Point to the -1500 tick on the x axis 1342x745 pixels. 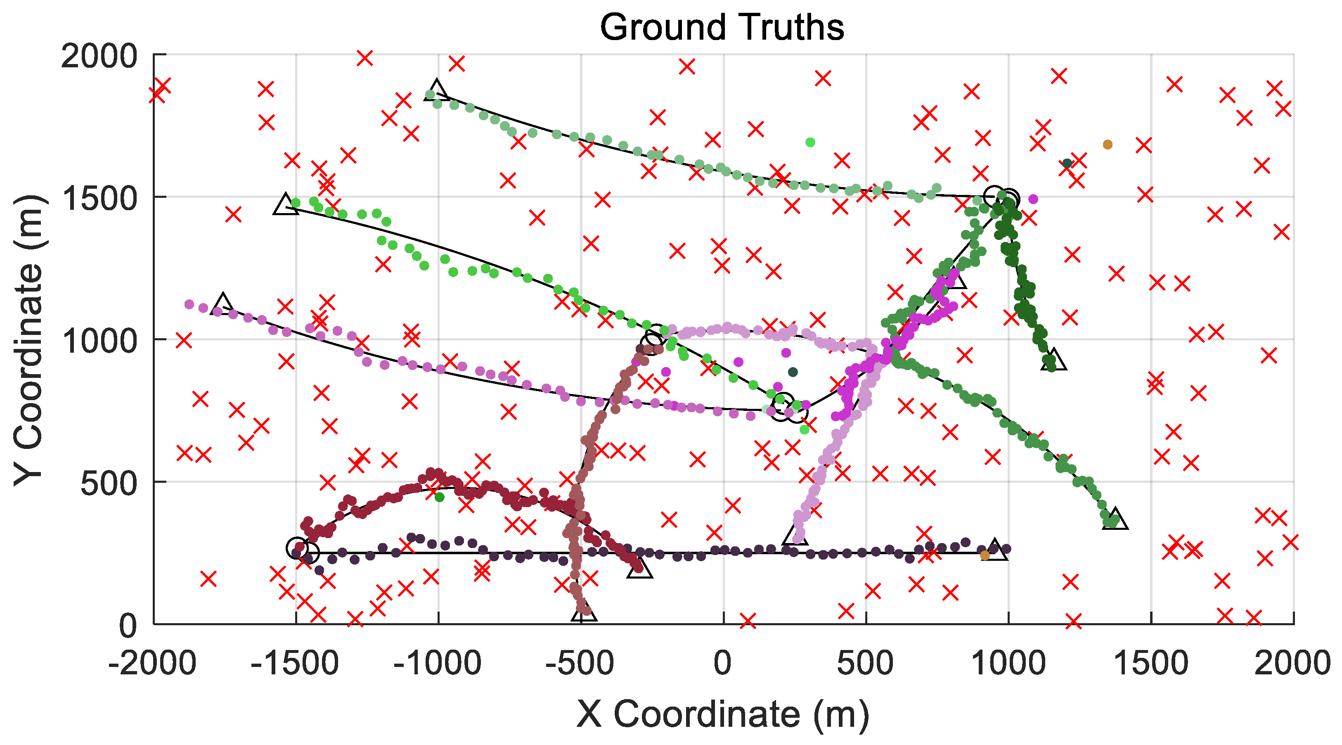coord(296,664)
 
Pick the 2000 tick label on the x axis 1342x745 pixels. coord(1292,664)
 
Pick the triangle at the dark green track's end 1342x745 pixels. coord(1053,360)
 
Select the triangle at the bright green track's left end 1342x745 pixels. coord(285,205)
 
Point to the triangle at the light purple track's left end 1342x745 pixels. coord(223,304)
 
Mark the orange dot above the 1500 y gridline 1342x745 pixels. coord(1108,145)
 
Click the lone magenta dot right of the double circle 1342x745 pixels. coord(1034,199)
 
